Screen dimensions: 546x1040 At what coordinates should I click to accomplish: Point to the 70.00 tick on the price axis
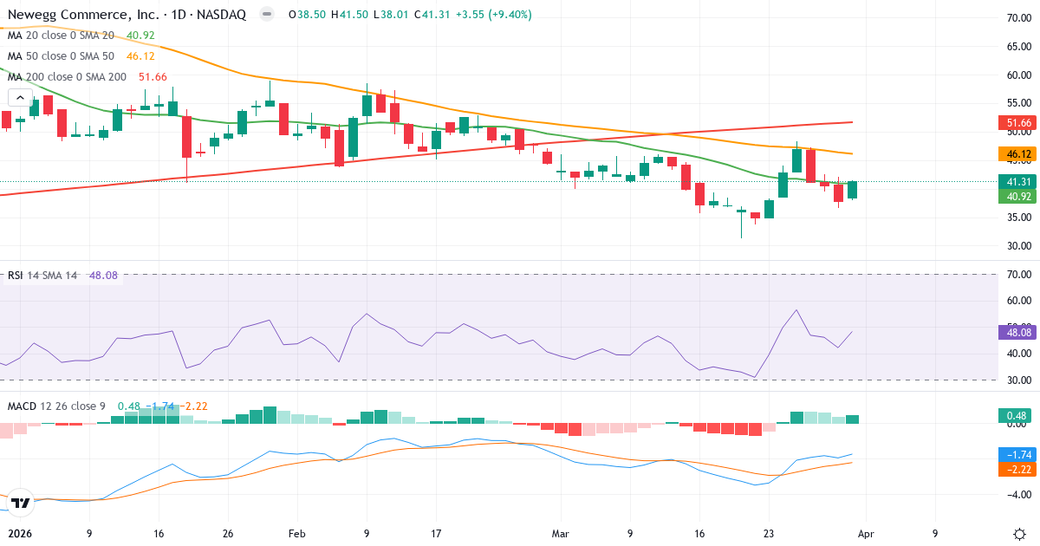1012,18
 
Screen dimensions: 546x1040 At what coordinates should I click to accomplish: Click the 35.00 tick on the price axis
1012,218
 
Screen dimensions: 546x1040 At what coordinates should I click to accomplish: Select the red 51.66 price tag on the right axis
1013,124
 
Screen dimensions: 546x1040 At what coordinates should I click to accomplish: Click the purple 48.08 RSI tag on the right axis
1013,332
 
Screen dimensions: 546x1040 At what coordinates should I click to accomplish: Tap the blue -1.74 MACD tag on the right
1013,454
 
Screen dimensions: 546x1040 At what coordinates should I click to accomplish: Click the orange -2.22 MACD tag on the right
1013,469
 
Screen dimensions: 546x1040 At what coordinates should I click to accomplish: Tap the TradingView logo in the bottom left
21,502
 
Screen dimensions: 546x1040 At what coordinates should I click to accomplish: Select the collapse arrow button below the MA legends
20,98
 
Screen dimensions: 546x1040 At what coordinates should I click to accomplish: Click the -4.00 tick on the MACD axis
1012,494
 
